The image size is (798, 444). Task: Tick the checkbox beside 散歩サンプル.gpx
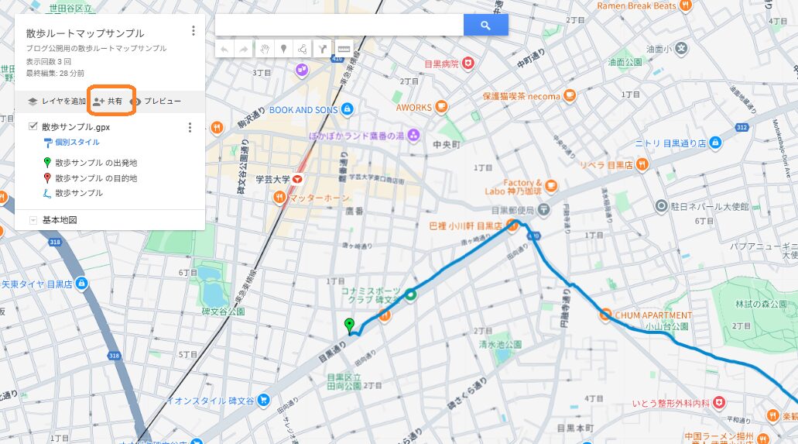coord(33,126)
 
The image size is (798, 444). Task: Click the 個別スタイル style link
coord(77,143)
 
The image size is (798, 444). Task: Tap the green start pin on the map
coord(349,325)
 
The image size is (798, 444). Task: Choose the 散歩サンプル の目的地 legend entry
coord(95,178)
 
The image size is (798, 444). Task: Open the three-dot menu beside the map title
coord(193,32)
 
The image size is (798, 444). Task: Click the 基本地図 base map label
coord(60,220)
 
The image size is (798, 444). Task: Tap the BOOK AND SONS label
coord(303,110)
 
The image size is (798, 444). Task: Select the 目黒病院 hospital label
coord(441,64)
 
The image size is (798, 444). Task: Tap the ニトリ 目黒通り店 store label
coord(670,143)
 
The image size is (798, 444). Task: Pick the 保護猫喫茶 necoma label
coord(521,97)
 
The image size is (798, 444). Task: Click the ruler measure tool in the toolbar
coord(344,49)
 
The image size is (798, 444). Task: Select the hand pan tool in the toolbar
coord(264,49)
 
